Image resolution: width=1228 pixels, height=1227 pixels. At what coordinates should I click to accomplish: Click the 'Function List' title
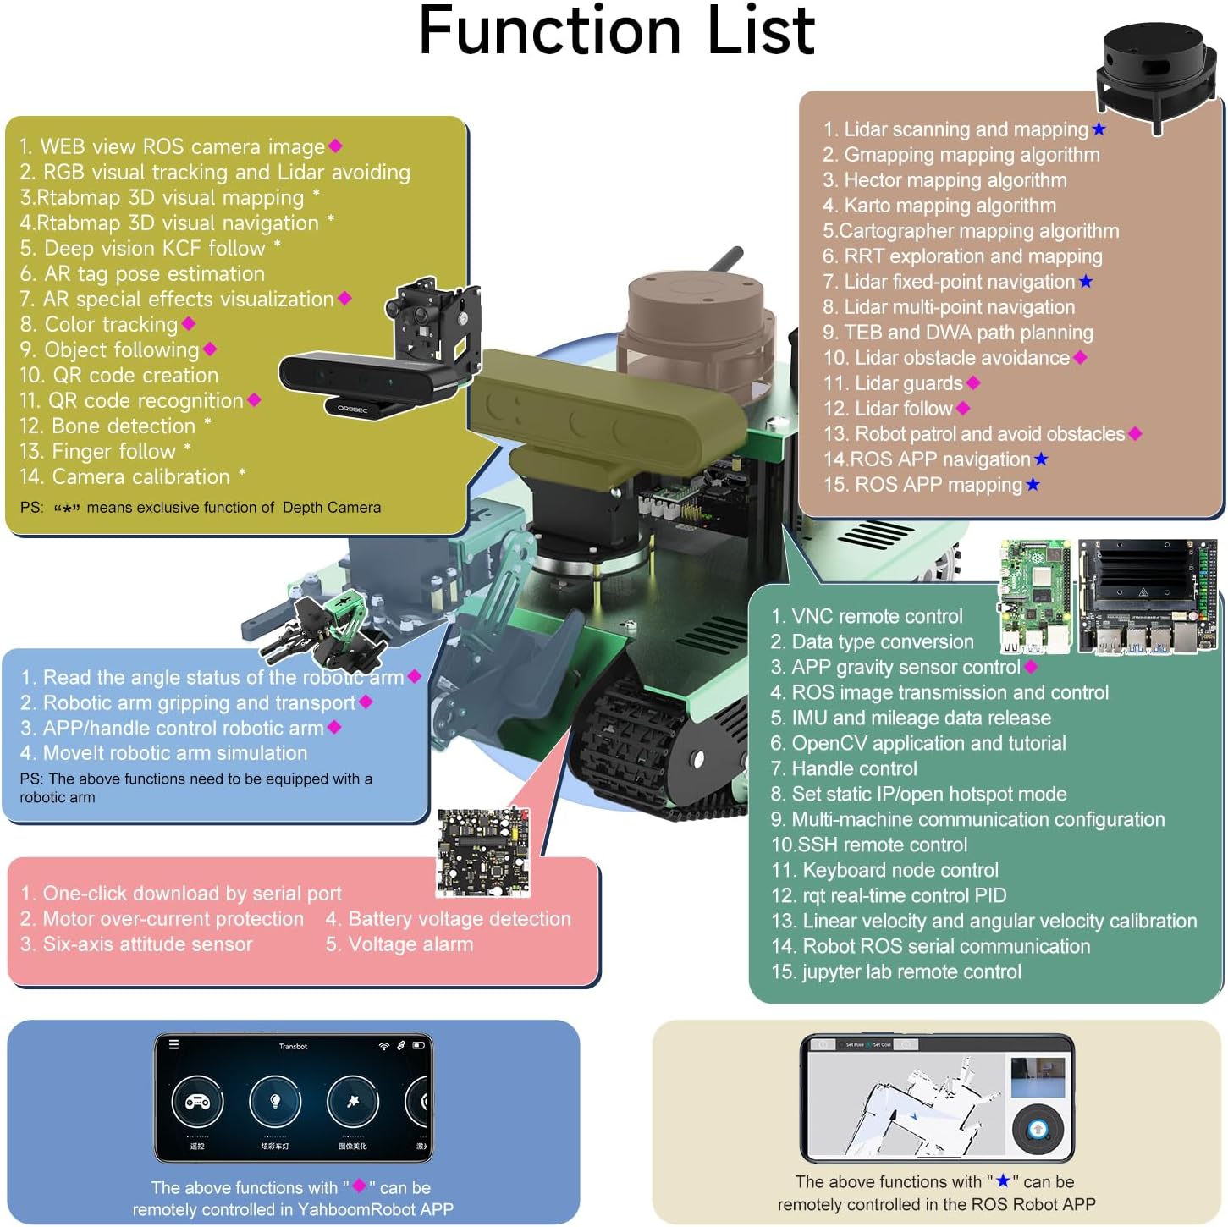click(616, 32)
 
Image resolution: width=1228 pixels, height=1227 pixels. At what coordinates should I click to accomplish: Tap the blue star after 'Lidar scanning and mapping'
click(1099, 129)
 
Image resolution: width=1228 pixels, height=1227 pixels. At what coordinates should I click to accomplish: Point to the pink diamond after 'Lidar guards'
click(973, 383)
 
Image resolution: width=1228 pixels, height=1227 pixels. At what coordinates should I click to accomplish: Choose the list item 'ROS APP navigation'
click(928, 459)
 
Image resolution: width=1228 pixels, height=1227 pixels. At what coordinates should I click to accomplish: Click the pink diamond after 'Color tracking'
click(189, 324)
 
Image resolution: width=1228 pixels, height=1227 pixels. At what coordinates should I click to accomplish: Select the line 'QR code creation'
click(119, 376)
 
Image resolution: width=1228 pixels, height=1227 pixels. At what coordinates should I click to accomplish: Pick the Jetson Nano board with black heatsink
click(1148, 597)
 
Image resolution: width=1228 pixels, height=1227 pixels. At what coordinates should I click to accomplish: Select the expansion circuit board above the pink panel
click(484, 852)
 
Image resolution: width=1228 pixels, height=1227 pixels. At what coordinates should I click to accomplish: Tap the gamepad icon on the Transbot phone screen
click(197, 1102)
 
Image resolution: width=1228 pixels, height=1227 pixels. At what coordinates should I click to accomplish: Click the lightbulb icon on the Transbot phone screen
click(275, 1102)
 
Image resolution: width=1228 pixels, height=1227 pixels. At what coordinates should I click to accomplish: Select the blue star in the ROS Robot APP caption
click(1003, 1181)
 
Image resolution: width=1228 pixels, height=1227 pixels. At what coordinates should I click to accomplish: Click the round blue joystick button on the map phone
click(1038, 1129)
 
